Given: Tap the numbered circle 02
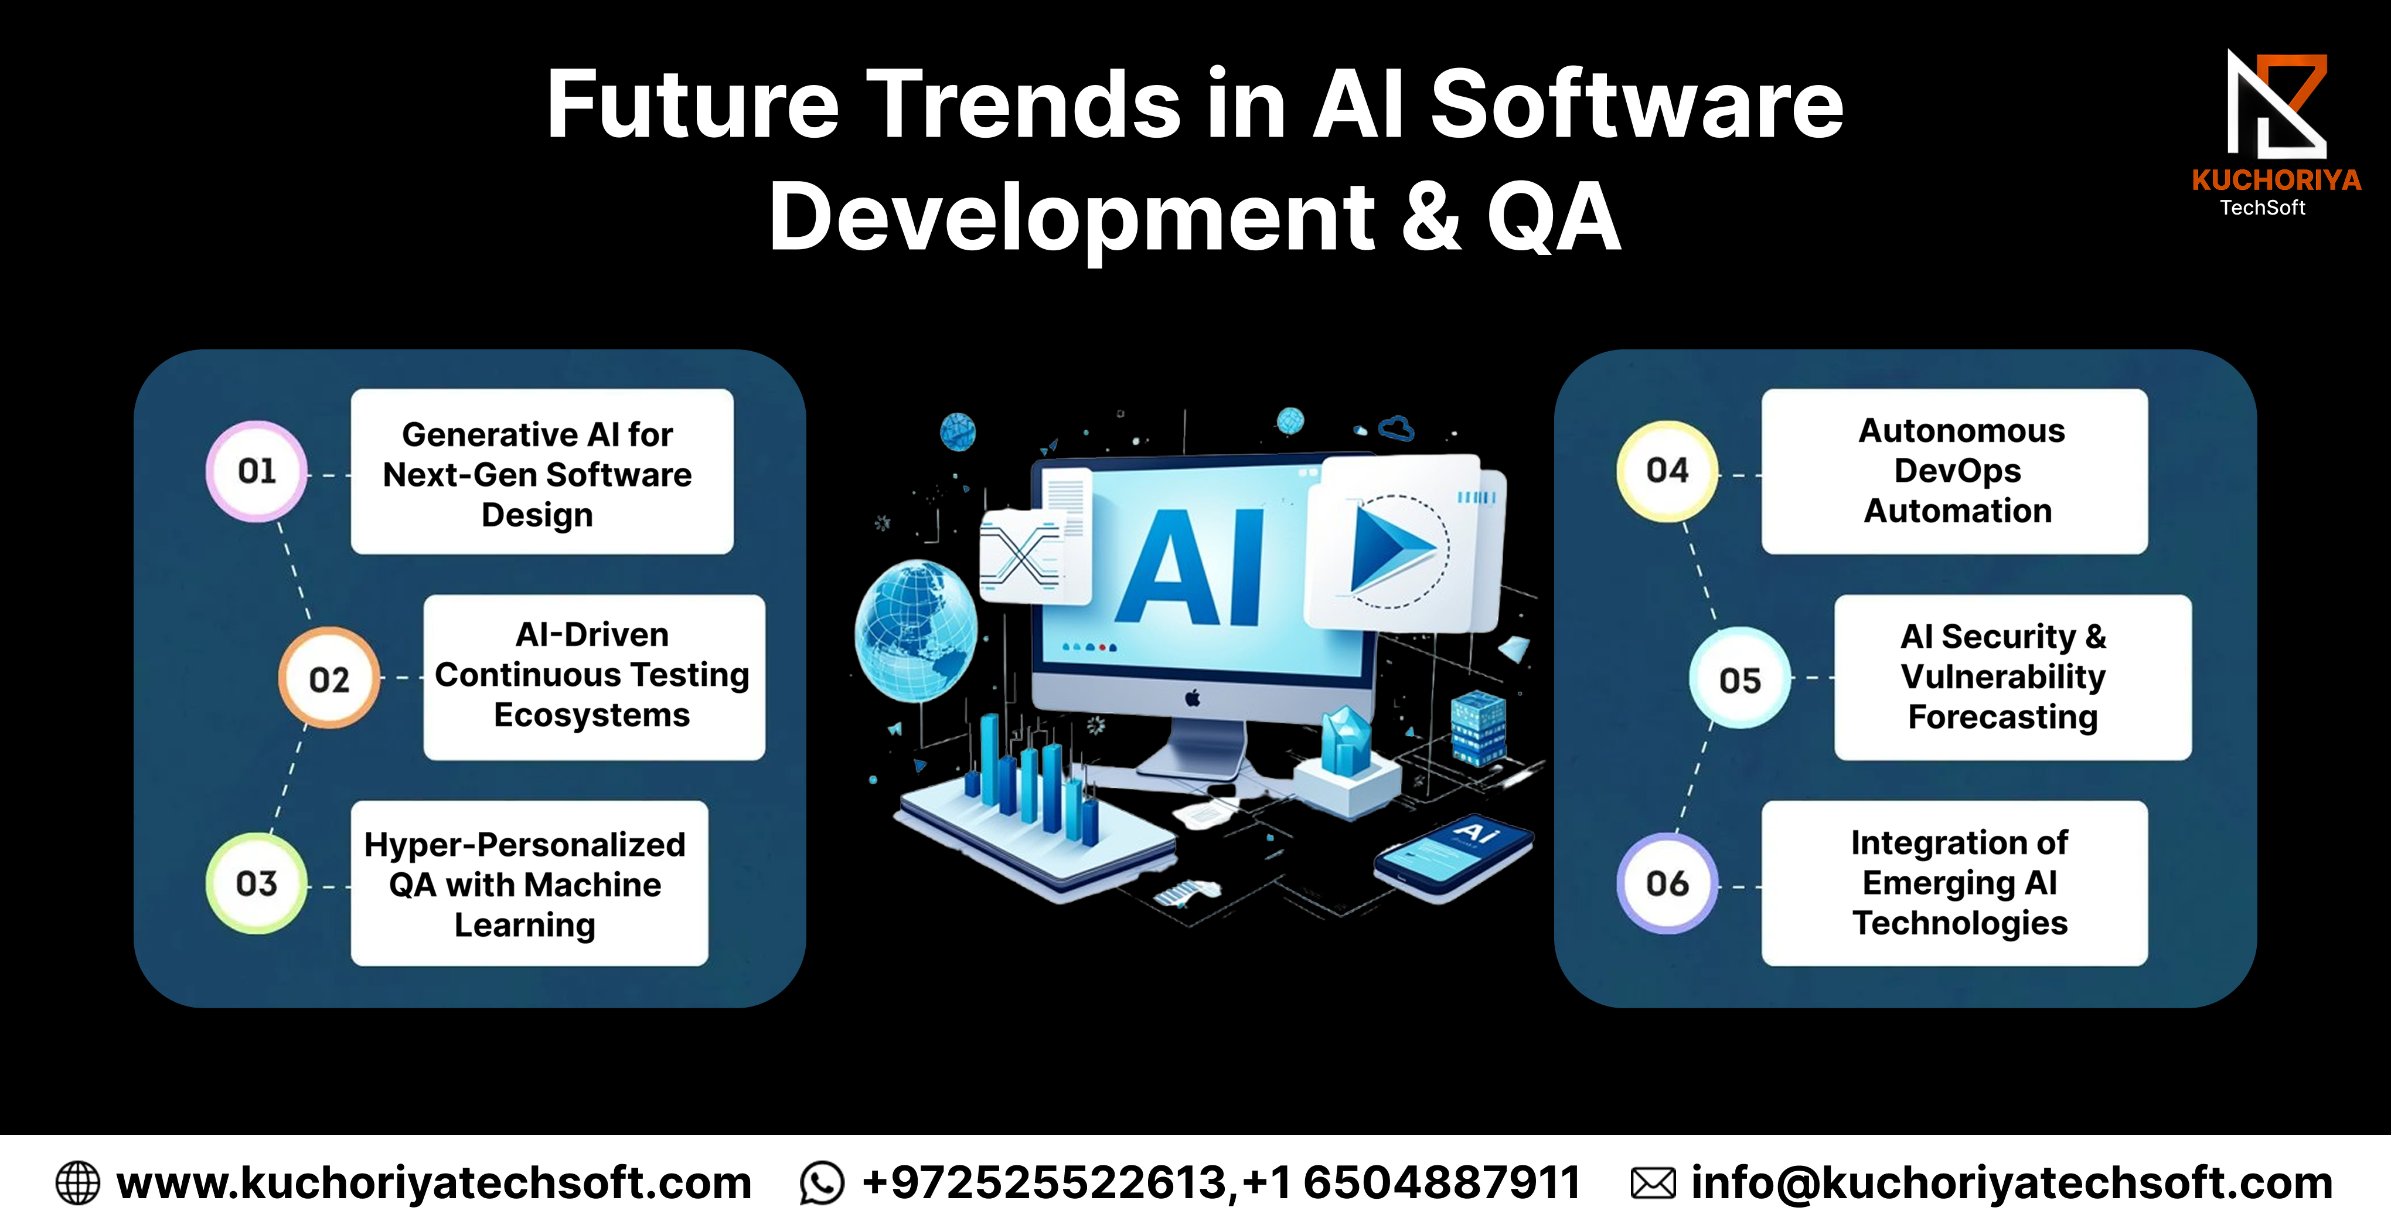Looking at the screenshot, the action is click(x=329, y=679).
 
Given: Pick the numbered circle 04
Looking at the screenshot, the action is click(x=1668, y=471).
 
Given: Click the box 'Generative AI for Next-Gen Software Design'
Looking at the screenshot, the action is click(x=542, y=472).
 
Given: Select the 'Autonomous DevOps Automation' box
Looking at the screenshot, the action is click(x=1955, y=472).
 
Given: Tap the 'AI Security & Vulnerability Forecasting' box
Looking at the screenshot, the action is click(x=2013, y=678).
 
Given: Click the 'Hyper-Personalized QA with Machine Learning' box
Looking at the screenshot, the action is click(x=529, y=884).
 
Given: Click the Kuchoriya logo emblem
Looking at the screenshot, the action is click(x=2277, y=105).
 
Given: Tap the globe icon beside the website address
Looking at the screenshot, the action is click(x=78, y=1184).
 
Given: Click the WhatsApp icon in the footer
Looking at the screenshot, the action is click(x=822, y=1184).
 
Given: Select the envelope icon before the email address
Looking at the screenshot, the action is click(x=1653, y=1184).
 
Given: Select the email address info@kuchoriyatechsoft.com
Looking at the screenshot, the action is click(x=2011, y=1184).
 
